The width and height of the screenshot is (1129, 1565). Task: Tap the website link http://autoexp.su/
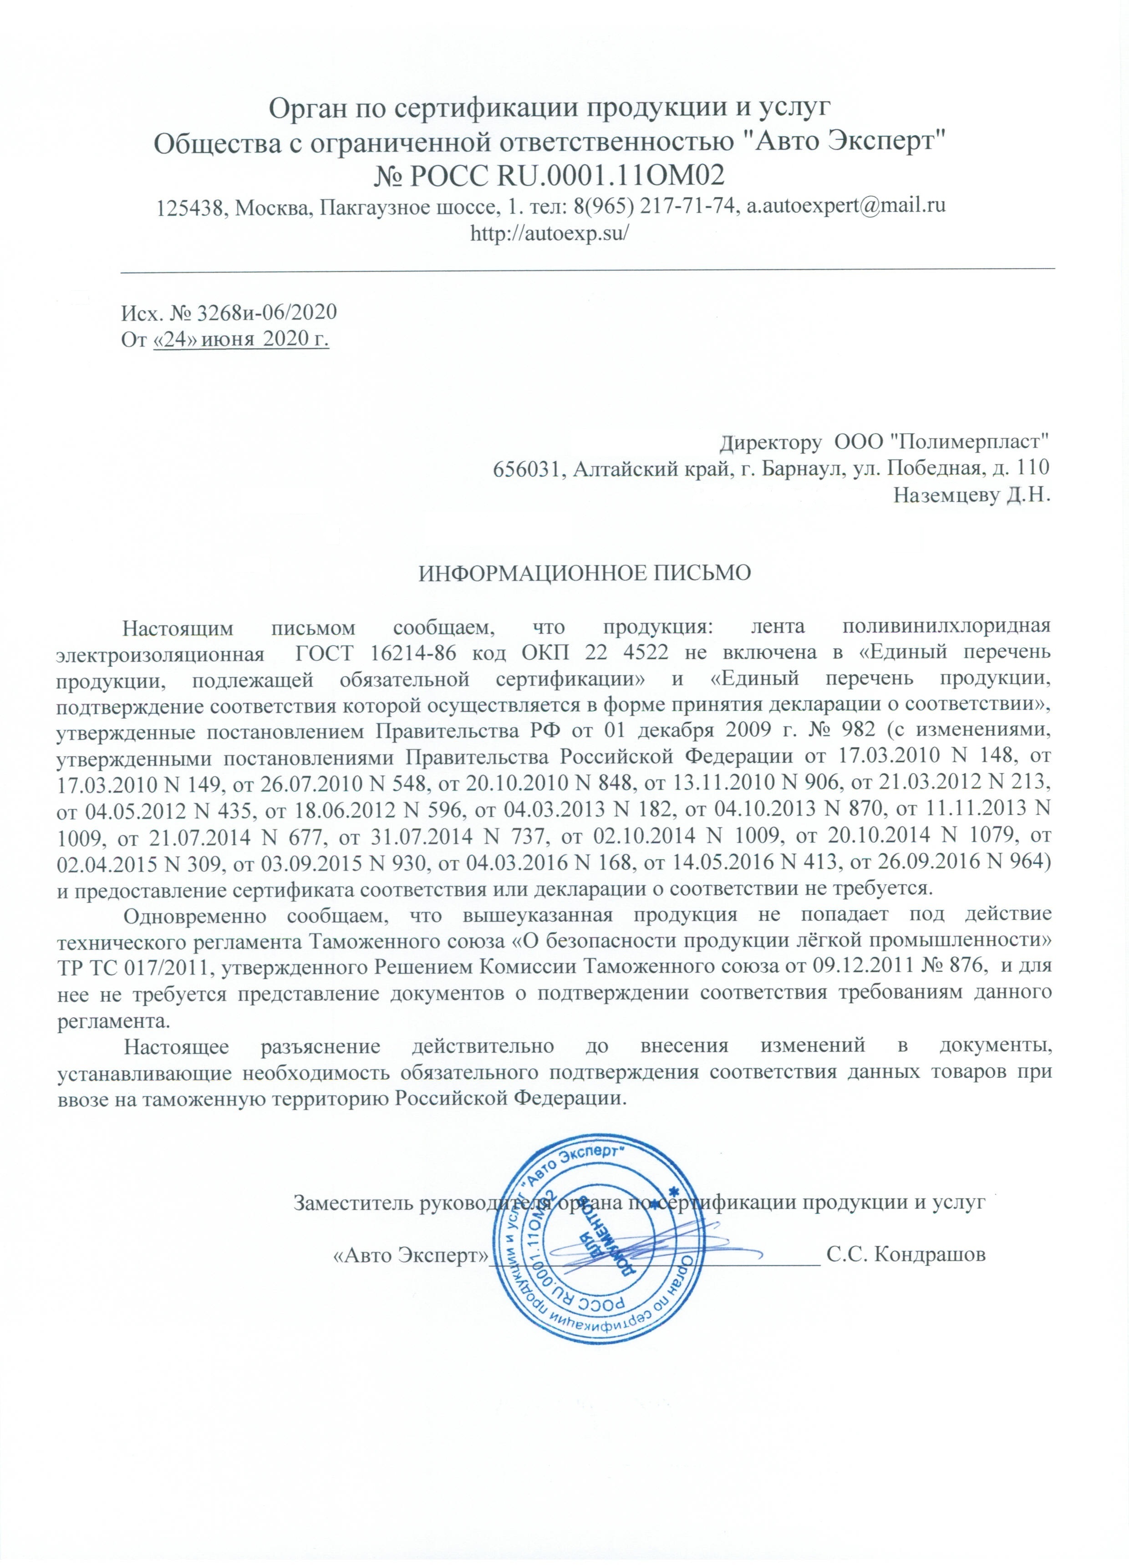click(x=548, y=233)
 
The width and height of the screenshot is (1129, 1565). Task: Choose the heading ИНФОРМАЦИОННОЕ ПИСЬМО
click(x=585, y=574)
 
